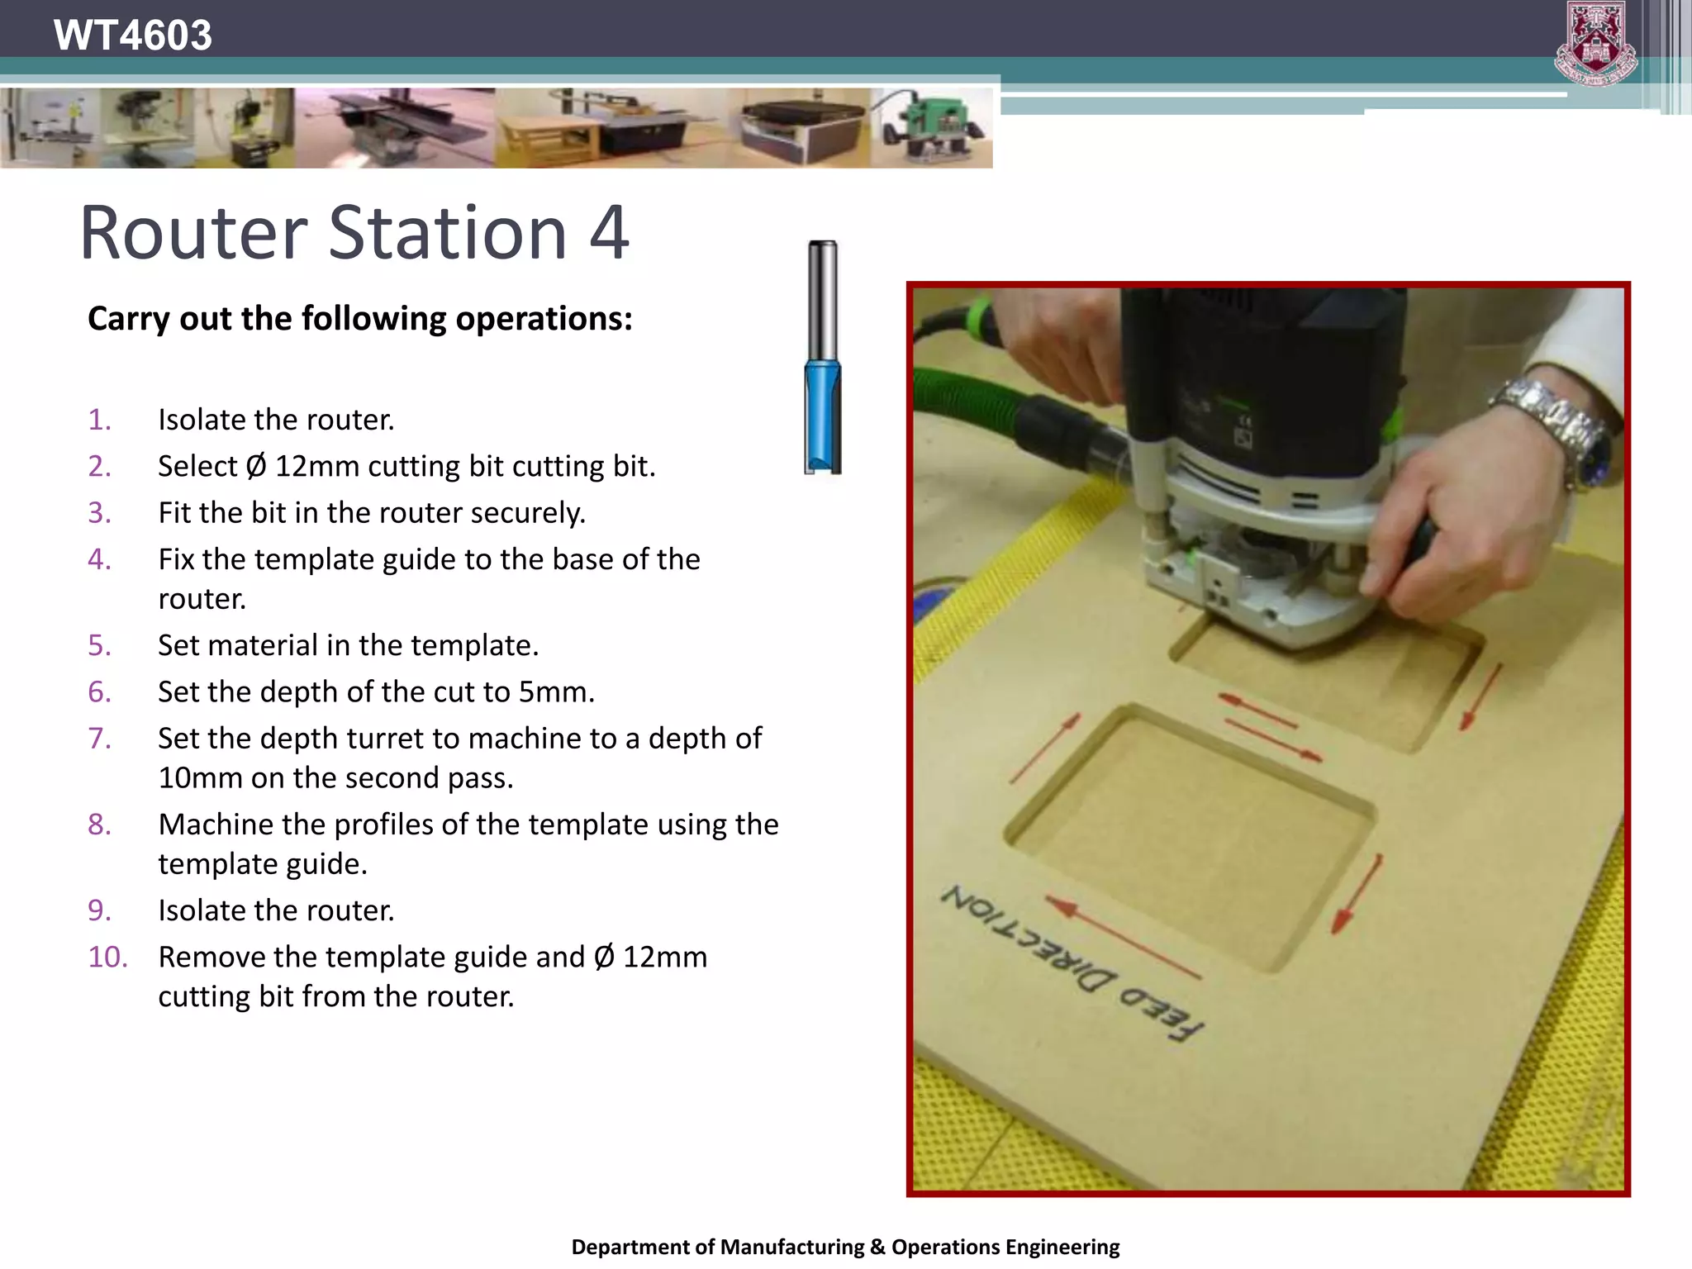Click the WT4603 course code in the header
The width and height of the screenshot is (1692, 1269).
[132, 36]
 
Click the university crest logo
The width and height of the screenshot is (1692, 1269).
[1595, 44]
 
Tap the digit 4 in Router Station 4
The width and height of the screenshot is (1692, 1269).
[609, 233]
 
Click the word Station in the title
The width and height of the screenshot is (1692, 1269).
[448, 233]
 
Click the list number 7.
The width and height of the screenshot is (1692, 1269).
[99, 738]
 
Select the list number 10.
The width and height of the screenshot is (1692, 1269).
[107, 957]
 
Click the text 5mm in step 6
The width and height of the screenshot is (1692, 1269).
[555, 692]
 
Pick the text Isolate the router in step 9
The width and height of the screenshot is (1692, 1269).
[276, 910]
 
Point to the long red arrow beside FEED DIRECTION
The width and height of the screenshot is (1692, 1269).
[1124, 938]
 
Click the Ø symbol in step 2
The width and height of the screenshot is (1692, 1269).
[256, 467]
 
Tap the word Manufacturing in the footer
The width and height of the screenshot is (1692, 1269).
[792, 1247]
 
